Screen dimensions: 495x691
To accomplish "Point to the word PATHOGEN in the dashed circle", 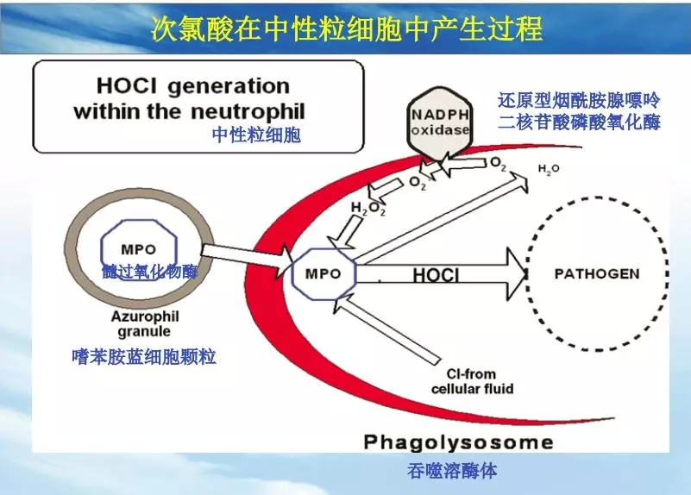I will click(596, 274).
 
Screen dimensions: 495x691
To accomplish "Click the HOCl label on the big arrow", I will click(435, 276).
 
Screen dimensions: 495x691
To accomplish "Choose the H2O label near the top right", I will click(549, 170).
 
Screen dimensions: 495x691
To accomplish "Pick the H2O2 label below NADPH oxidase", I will click(367, 209).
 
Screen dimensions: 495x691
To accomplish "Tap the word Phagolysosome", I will click(457, 442).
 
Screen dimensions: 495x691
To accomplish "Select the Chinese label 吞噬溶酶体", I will click(452, 471).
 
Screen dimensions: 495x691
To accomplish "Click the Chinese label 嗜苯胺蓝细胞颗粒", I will click(144, 356).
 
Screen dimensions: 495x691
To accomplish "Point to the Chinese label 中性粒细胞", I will click(256, 135).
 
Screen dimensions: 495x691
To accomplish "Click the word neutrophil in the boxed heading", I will click(254, 111).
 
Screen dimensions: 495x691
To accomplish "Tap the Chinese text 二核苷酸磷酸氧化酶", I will click(579, 122).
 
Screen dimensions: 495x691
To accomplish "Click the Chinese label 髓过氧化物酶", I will click(150, 273).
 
